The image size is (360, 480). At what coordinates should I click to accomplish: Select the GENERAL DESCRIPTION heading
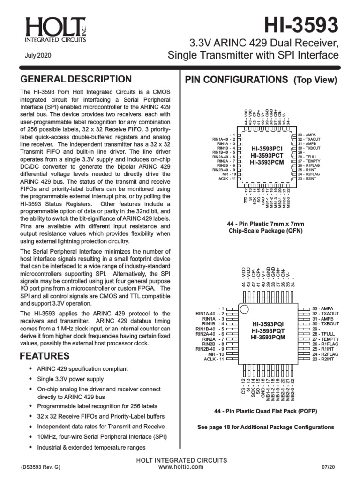tap(75, 79)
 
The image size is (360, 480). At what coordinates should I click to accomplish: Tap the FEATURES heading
tap(45, 356)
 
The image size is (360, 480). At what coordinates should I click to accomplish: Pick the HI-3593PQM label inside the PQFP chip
tap(267, 337)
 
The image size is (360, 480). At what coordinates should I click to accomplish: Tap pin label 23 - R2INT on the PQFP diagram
tap(322, 359)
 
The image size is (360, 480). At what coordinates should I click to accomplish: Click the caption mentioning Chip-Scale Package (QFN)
tap(266, 231)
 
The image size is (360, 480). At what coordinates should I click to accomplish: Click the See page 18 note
tap(266, 427)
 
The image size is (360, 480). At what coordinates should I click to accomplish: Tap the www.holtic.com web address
tap(180, 467)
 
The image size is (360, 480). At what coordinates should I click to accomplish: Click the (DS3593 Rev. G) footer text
tap(40, 468)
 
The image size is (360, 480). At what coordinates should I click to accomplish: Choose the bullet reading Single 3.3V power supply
tap(70, 379)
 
